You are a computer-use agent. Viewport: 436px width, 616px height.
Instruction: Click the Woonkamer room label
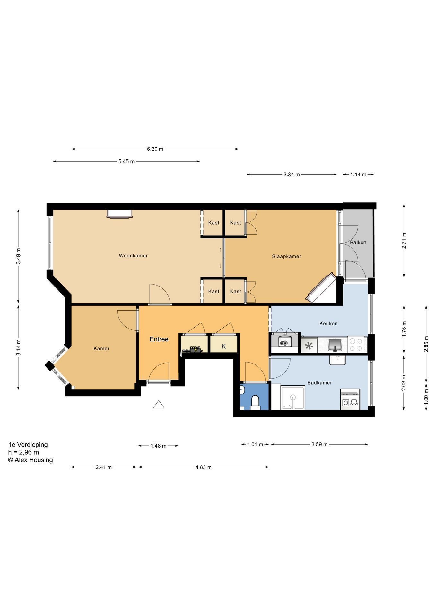pyautogui.click(x=133, y=256)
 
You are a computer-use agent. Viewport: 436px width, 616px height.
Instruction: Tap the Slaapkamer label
pyautogui.click(x=286, y=256)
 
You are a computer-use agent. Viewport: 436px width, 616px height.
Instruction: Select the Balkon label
pyautogui.click(x=358, y=242)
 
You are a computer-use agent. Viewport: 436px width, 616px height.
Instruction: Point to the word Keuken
pyautogui.click(x=328, y=323)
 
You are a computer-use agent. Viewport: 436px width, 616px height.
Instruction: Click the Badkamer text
pyautogui.click(x=319, y=383)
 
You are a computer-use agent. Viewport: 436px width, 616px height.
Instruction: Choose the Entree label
pyautogui.click(x=159, y=339)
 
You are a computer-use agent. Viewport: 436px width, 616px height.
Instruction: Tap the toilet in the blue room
pyautogui.click(x=255, y=402)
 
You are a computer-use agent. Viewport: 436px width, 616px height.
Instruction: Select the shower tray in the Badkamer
pyautogui.click(x=292, y=398)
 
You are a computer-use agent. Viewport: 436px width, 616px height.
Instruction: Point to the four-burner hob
pyautogui.click(x=356, y=345)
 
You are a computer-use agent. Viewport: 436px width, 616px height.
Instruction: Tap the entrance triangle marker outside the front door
pyautogui.click(x=159, y=405)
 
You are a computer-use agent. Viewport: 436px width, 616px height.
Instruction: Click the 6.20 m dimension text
pyautogui.click(x=155, y=149)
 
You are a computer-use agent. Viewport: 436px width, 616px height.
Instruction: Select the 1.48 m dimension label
pyautogui.click(x=158, y=446)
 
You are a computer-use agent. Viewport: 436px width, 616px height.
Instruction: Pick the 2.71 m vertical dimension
pyautogui.click(x=404, y=240)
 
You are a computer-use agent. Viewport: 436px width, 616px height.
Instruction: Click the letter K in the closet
pyautogui.click(x=224, y=346)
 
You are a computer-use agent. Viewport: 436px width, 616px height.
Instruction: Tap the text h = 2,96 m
pyautogui.click(x=23, y=452)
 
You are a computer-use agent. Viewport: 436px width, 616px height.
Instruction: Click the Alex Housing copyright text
pyautogui.click(x=31, y=460)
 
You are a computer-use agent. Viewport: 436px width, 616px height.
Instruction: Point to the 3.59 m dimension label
pyautogui.click(x=319, y=444)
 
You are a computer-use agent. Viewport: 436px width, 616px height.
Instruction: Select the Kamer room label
pyautogui.click(x=101, y=348)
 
